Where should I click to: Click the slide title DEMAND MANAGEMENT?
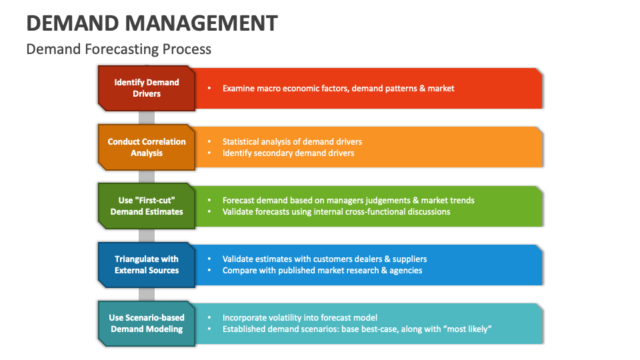point(152,23)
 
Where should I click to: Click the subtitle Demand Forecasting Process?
point(119,49)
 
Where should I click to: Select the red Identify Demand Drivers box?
point(147,88)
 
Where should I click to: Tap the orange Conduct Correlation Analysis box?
point(147,147)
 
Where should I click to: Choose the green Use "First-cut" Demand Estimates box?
point(147,206)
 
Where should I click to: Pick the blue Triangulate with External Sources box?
point(147,265)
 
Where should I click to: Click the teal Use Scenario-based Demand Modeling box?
point(147,323)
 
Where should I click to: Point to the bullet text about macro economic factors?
point(338,88)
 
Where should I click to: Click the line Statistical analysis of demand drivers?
point(292,141)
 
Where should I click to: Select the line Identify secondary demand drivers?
point(288,153)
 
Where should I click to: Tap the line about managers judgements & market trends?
point(348,200)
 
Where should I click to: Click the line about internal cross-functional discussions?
point(336,211)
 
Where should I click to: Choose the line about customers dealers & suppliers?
point(325,259)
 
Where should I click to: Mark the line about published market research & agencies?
point(322,270)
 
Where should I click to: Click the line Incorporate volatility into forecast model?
point(300,317)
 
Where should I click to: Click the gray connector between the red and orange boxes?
point(147,117)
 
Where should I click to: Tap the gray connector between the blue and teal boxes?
point(147,294)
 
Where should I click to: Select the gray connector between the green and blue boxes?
point(147,235)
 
